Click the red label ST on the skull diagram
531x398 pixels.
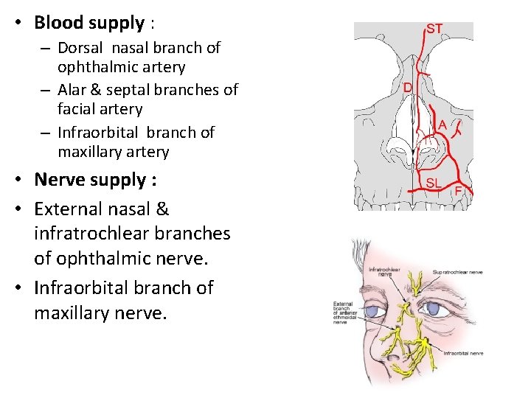pyautogui.click(x=434, y=29)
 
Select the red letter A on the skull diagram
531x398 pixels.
pyautogui.click(x=442, y=125)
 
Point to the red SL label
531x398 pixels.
pyautogui.click(x=433, y=182)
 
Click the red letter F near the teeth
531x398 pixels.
pyautogui.click(x=458, y=191)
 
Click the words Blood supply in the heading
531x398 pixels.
pyautogui.click(x=89, y=23)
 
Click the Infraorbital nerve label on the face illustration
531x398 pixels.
pyautogui.click(x=464, y=354)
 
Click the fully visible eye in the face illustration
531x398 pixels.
pyautogui.click(x=374, y=311)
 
